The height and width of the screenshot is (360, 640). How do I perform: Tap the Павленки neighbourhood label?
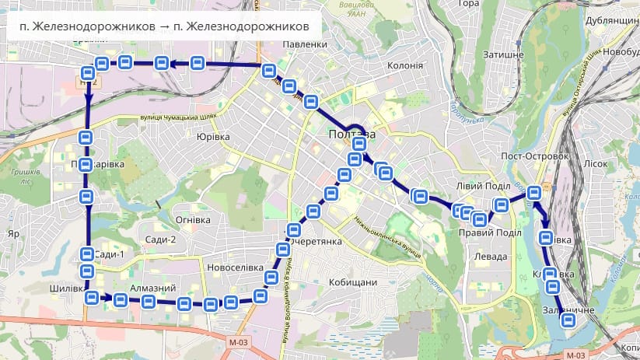[306, 44]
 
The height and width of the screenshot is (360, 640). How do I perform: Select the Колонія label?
[404, 65]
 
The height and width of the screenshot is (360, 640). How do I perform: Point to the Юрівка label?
[213, 136]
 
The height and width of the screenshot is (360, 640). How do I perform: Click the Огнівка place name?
[190, 219]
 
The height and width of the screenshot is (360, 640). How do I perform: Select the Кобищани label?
[353, 282]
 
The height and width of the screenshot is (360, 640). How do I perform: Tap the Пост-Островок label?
[537, 156]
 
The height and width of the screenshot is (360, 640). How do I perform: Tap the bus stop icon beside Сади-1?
[86, 254]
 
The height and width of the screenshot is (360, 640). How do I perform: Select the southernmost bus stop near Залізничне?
[568, 320]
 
